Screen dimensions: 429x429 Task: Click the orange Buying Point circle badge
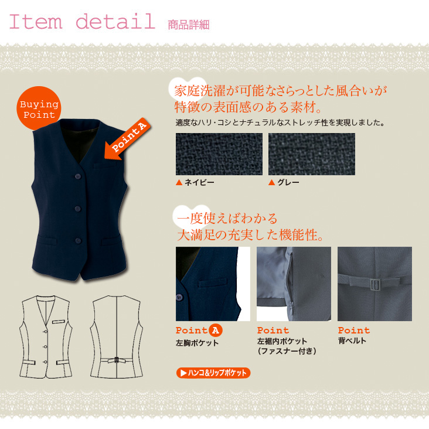(39, 108)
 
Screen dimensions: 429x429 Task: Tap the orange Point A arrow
(128, 139)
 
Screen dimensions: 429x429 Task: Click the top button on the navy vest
(78, 176)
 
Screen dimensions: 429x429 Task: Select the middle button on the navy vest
(78, 209)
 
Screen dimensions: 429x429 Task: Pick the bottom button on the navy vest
(79, 240)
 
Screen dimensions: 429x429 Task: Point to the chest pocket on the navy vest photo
(105, 165)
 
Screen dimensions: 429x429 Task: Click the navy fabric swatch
(219, 154)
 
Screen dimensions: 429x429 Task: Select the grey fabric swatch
(312, 154)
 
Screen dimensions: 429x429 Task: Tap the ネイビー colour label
(199, 182)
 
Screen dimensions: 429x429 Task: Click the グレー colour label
(288, 182)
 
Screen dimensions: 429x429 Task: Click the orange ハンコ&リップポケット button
(213, 373)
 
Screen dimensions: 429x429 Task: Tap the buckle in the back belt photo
(375, 285)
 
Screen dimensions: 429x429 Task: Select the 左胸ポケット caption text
(197, 343)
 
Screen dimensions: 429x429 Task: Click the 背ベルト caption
(352, 341)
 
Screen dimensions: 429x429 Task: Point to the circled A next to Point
(216, 331)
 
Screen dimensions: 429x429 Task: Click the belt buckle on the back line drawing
(117, 359)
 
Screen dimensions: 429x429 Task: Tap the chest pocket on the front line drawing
(59, 322)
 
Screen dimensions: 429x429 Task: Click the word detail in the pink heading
(115, 21)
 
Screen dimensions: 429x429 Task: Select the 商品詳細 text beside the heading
(189, 25)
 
